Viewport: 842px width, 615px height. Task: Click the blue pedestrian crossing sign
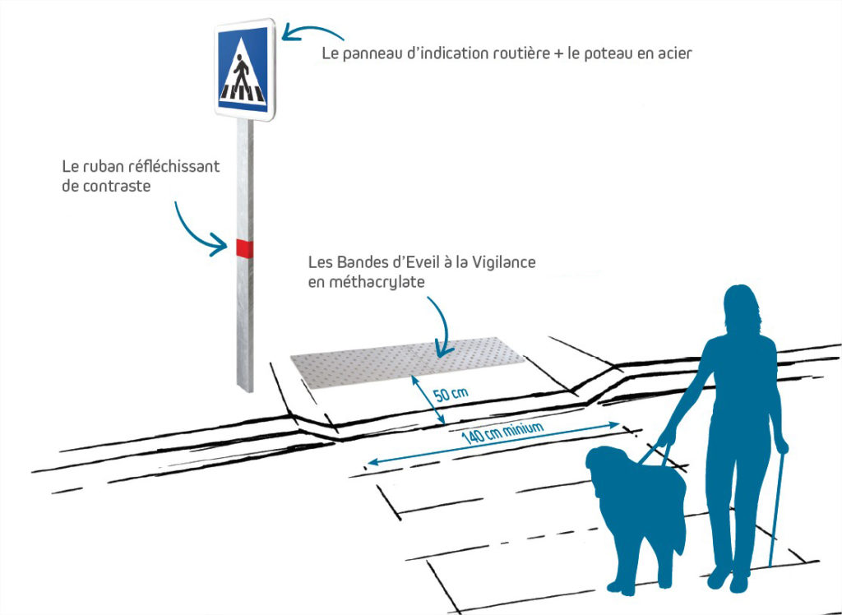point(243,69)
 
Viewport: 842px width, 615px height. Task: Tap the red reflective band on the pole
point(243,247)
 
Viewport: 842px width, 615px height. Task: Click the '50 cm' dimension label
point(451,394)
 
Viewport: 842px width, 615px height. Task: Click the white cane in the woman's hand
point(775,510)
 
